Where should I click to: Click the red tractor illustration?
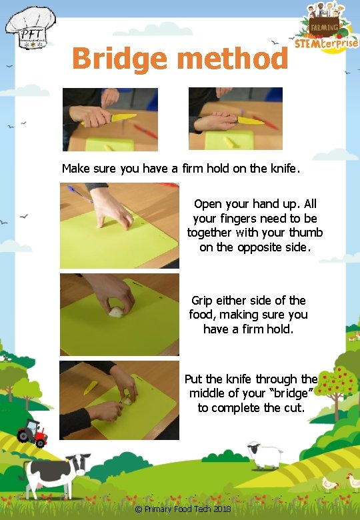[x=33, y=433]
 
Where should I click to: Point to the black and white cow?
[x=56, y=474]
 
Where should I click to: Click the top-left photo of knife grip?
[x=110, y=119]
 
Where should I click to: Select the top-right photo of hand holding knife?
[x=235, y=119]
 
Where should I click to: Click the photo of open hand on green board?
[x=119, y=225]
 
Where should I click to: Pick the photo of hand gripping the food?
[x=119, y=314]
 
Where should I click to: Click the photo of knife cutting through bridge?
[x=119, y=400]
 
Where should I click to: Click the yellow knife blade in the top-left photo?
[x=123, y=118]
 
